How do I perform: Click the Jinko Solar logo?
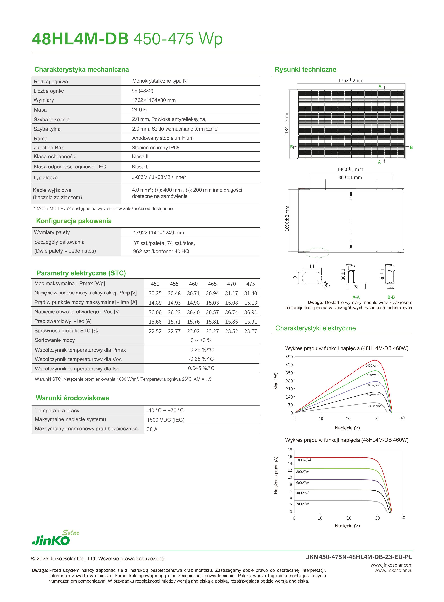55,538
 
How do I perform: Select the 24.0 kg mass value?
140,110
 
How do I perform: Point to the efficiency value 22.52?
155,331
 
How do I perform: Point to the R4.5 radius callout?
326,284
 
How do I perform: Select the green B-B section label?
391,297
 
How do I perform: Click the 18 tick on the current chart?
290,450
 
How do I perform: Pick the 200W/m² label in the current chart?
303,504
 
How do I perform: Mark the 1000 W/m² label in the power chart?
373,365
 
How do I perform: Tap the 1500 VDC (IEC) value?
166,420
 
